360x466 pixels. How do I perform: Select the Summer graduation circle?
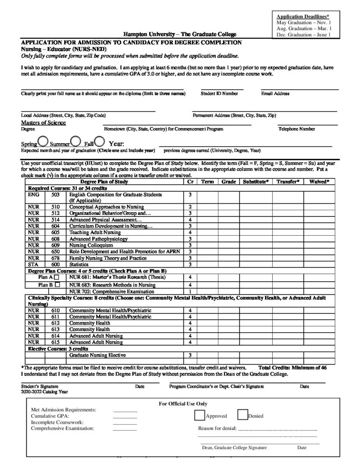pos(76,141)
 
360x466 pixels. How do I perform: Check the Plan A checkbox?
pos(56,277)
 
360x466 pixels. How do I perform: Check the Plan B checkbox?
pos(57,284)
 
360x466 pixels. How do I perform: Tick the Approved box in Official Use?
pos(199,415)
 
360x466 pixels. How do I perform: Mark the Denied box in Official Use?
pos(242,415)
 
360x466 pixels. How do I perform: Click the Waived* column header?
pos(319,182)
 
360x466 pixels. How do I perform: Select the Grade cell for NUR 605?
pos(228,232)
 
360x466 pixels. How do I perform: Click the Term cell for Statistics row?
pos(207,264)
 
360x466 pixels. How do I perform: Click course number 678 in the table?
pos(56,258)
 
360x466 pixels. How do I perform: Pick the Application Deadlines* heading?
pos(303,17)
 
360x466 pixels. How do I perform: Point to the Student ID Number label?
pos(219,94)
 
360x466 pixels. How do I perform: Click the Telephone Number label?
pos(296,129)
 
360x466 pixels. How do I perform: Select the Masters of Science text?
pos(43,123)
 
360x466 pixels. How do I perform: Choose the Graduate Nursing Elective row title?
pos(97,355)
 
